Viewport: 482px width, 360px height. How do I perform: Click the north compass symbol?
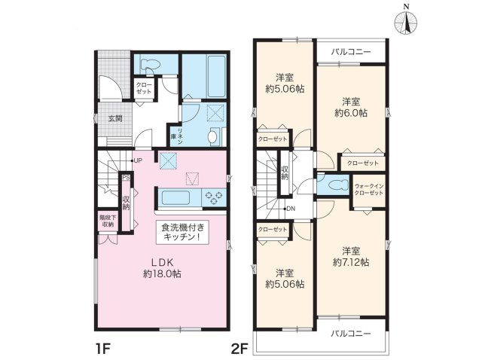click(x=406, y=22)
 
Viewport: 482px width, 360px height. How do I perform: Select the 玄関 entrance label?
click(x=114, y=118)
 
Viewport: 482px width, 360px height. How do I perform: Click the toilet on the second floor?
click(x=335, y=185)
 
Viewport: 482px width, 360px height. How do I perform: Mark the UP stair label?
click(x=139, y=160)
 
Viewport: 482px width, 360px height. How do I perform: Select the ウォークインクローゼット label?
click(x=369, y=189)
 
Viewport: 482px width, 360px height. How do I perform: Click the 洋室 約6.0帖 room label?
click(x=351, y=106)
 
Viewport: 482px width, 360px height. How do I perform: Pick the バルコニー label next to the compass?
click(x=351, y=53)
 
